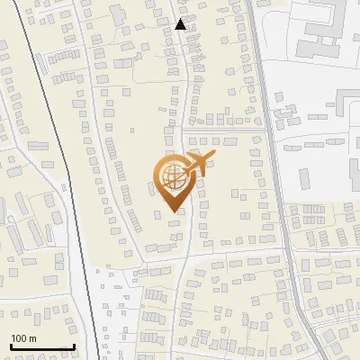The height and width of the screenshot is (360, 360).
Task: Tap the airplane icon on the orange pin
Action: (x=195, y=165)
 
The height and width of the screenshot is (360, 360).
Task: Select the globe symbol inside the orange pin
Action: (x=171, y=176)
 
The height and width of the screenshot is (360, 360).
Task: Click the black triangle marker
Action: (x=181, y=24)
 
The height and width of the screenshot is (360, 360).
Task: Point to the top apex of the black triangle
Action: (x=181, y=19)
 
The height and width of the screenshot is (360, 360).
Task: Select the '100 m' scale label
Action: (x=23, y=338)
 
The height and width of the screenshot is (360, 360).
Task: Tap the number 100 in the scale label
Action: (x=20, y=338)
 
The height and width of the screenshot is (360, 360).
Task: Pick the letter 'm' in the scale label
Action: (x=32, y=338)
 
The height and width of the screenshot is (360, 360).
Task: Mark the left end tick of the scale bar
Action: (x=11, y=345)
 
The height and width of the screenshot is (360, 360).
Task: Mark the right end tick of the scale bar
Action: (x=74, y=345)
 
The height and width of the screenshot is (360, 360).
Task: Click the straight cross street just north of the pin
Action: (x=225, y=128)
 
